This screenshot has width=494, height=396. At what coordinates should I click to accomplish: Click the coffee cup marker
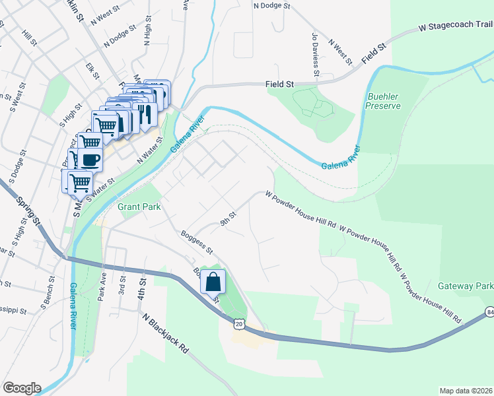90,160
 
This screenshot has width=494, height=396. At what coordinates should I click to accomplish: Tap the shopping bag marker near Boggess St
213,282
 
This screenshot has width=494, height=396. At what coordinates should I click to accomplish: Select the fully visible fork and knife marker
145,114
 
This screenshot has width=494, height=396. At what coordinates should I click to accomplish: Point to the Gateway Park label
465,286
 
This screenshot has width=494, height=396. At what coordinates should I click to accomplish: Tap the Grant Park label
139,207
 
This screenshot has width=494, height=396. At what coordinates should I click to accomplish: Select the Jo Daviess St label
315,55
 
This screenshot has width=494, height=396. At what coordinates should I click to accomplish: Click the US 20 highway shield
239,323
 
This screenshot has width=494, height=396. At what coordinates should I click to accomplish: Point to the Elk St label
92,71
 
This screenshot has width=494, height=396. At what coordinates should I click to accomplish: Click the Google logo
22,388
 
